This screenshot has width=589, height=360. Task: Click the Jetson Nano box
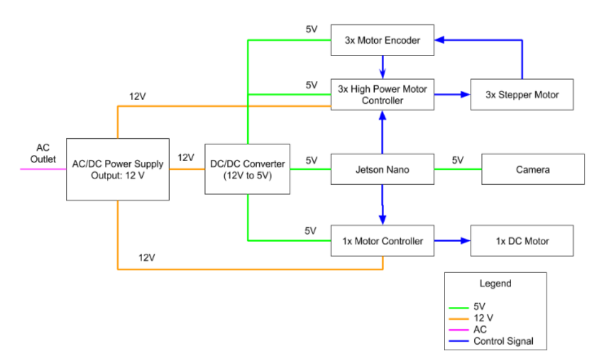[383, 169]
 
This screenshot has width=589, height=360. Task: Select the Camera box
[532, 169]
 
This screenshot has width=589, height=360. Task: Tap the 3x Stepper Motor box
[522, 94]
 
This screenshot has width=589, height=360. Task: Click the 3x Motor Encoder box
[382, 41]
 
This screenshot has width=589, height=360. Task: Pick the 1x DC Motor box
[522, 241]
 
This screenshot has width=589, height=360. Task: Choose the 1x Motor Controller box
[383, 241]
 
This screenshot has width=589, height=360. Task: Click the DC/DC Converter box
[247, 169]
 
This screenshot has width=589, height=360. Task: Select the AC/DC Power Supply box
[117, 169]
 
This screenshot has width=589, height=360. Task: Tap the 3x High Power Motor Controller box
[382, 94]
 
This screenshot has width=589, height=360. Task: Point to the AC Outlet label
[43, 154]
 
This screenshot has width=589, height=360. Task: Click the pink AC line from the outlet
[43, 168]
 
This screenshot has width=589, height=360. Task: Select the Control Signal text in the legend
[503, 341]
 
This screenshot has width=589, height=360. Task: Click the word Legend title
[495, 283]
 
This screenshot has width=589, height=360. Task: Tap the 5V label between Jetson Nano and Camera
[457, 160]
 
